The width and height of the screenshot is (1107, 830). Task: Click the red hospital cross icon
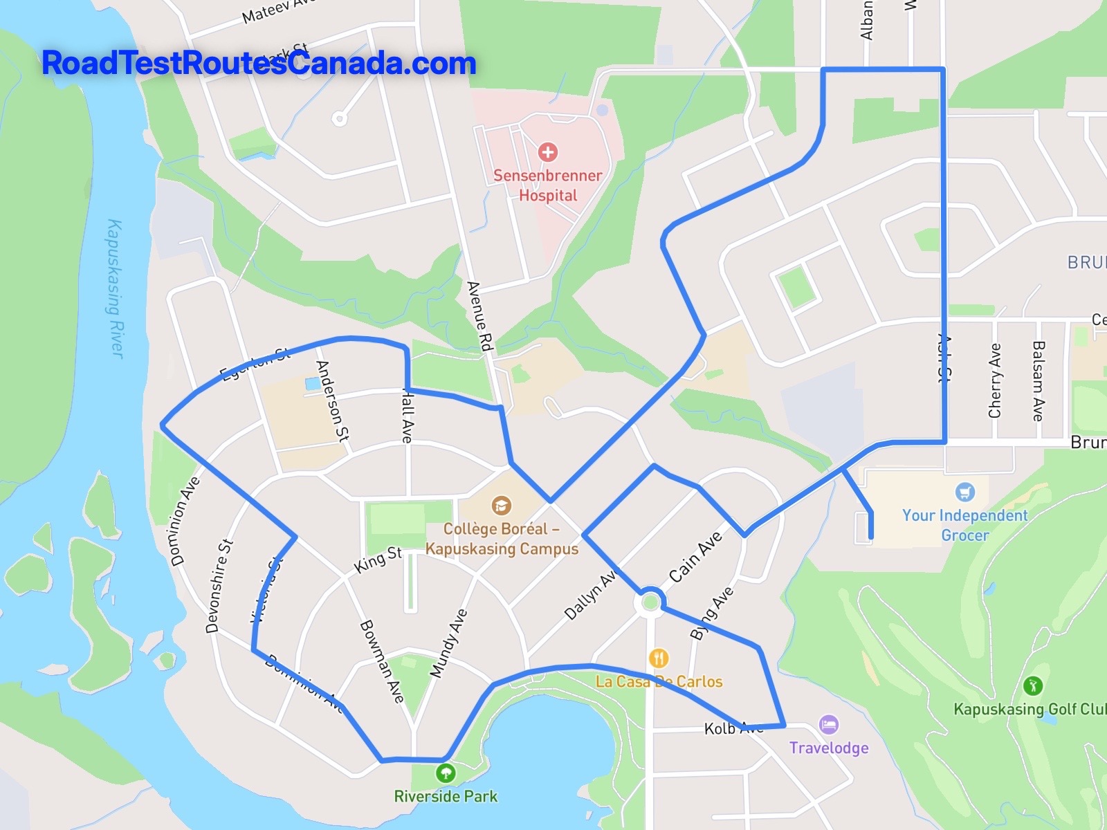click(548, 151)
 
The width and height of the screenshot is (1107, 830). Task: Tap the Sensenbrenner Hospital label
click(547, 185)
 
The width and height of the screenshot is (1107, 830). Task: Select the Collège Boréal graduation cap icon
click(501, 506)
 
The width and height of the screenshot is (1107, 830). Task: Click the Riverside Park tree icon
click(446, 772)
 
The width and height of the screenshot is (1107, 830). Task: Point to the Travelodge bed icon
click(828, 725)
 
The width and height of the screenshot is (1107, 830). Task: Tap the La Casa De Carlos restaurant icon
click(659, 658)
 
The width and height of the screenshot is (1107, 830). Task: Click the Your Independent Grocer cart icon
click(964, 492)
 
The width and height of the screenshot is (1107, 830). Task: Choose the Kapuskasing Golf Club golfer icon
click(1032, 685)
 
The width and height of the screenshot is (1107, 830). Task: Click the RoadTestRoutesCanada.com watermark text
click(259, 63)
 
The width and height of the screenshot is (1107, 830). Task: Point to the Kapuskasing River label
click(115, 288)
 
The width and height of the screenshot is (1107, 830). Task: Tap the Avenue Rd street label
click(479, 316)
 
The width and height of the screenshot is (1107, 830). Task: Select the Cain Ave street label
click(695, 556)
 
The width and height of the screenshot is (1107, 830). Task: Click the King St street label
click(378, 560)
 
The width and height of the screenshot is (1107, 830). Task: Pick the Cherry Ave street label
click(995, 380)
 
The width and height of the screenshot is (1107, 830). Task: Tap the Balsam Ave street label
click(1038, 380)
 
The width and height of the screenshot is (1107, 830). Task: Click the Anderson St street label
click(333, 400)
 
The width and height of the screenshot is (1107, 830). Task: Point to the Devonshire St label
click(219, 586)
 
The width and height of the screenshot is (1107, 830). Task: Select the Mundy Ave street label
click(448, 643)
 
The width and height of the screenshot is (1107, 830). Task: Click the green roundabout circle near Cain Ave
click(650, 603)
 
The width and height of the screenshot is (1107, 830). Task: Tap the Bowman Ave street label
click(382, 661)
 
